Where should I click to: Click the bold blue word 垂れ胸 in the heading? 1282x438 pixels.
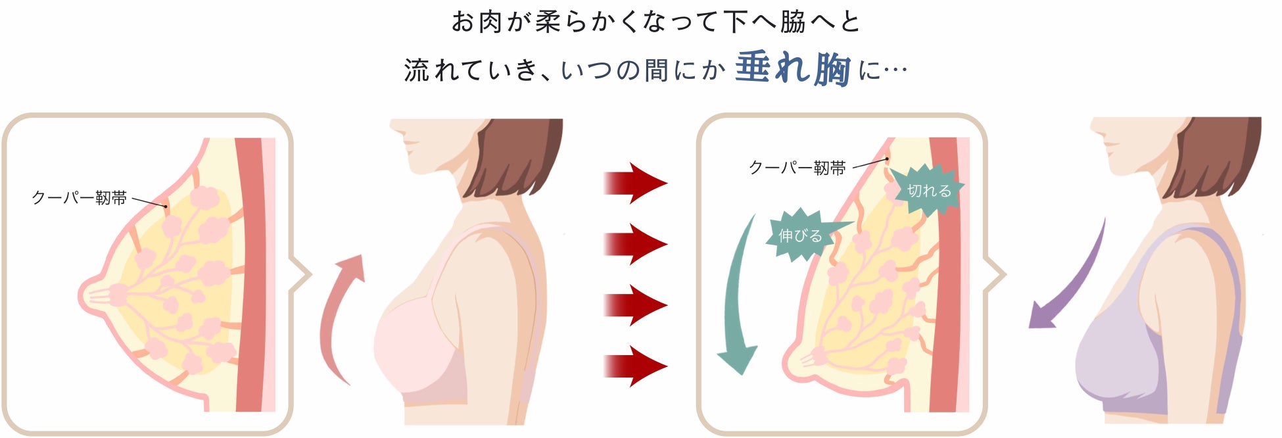click(x=792, y=69)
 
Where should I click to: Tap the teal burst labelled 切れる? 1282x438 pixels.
click(x=929, y=191)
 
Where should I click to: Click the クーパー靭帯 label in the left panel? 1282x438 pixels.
click(x=79, y=198)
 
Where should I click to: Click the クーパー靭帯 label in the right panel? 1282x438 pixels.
click(x=797, y=168)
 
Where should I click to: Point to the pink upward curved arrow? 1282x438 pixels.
click(x=339, y=316)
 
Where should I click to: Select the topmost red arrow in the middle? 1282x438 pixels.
click(x=634, y=183)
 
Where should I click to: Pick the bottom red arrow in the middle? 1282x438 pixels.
click(x=634, y=366)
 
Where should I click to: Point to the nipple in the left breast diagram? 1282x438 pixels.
click(x=89, y=295)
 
